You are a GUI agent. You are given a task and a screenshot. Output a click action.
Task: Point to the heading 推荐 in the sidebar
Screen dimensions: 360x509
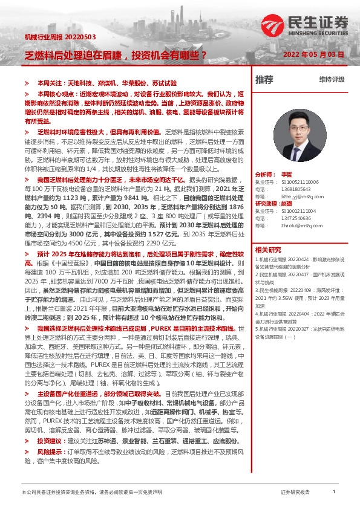click(264, 79)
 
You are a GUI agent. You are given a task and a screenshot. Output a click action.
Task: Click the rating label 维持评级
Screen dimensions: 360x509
click(332, 79)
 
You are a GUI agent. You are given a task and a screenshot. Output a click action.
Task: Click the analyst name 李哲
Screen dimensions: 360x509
click(286, 174)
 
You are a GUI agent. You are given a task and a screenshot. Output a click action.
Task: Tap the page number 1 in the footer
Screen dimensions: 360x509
click(334, 493)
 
